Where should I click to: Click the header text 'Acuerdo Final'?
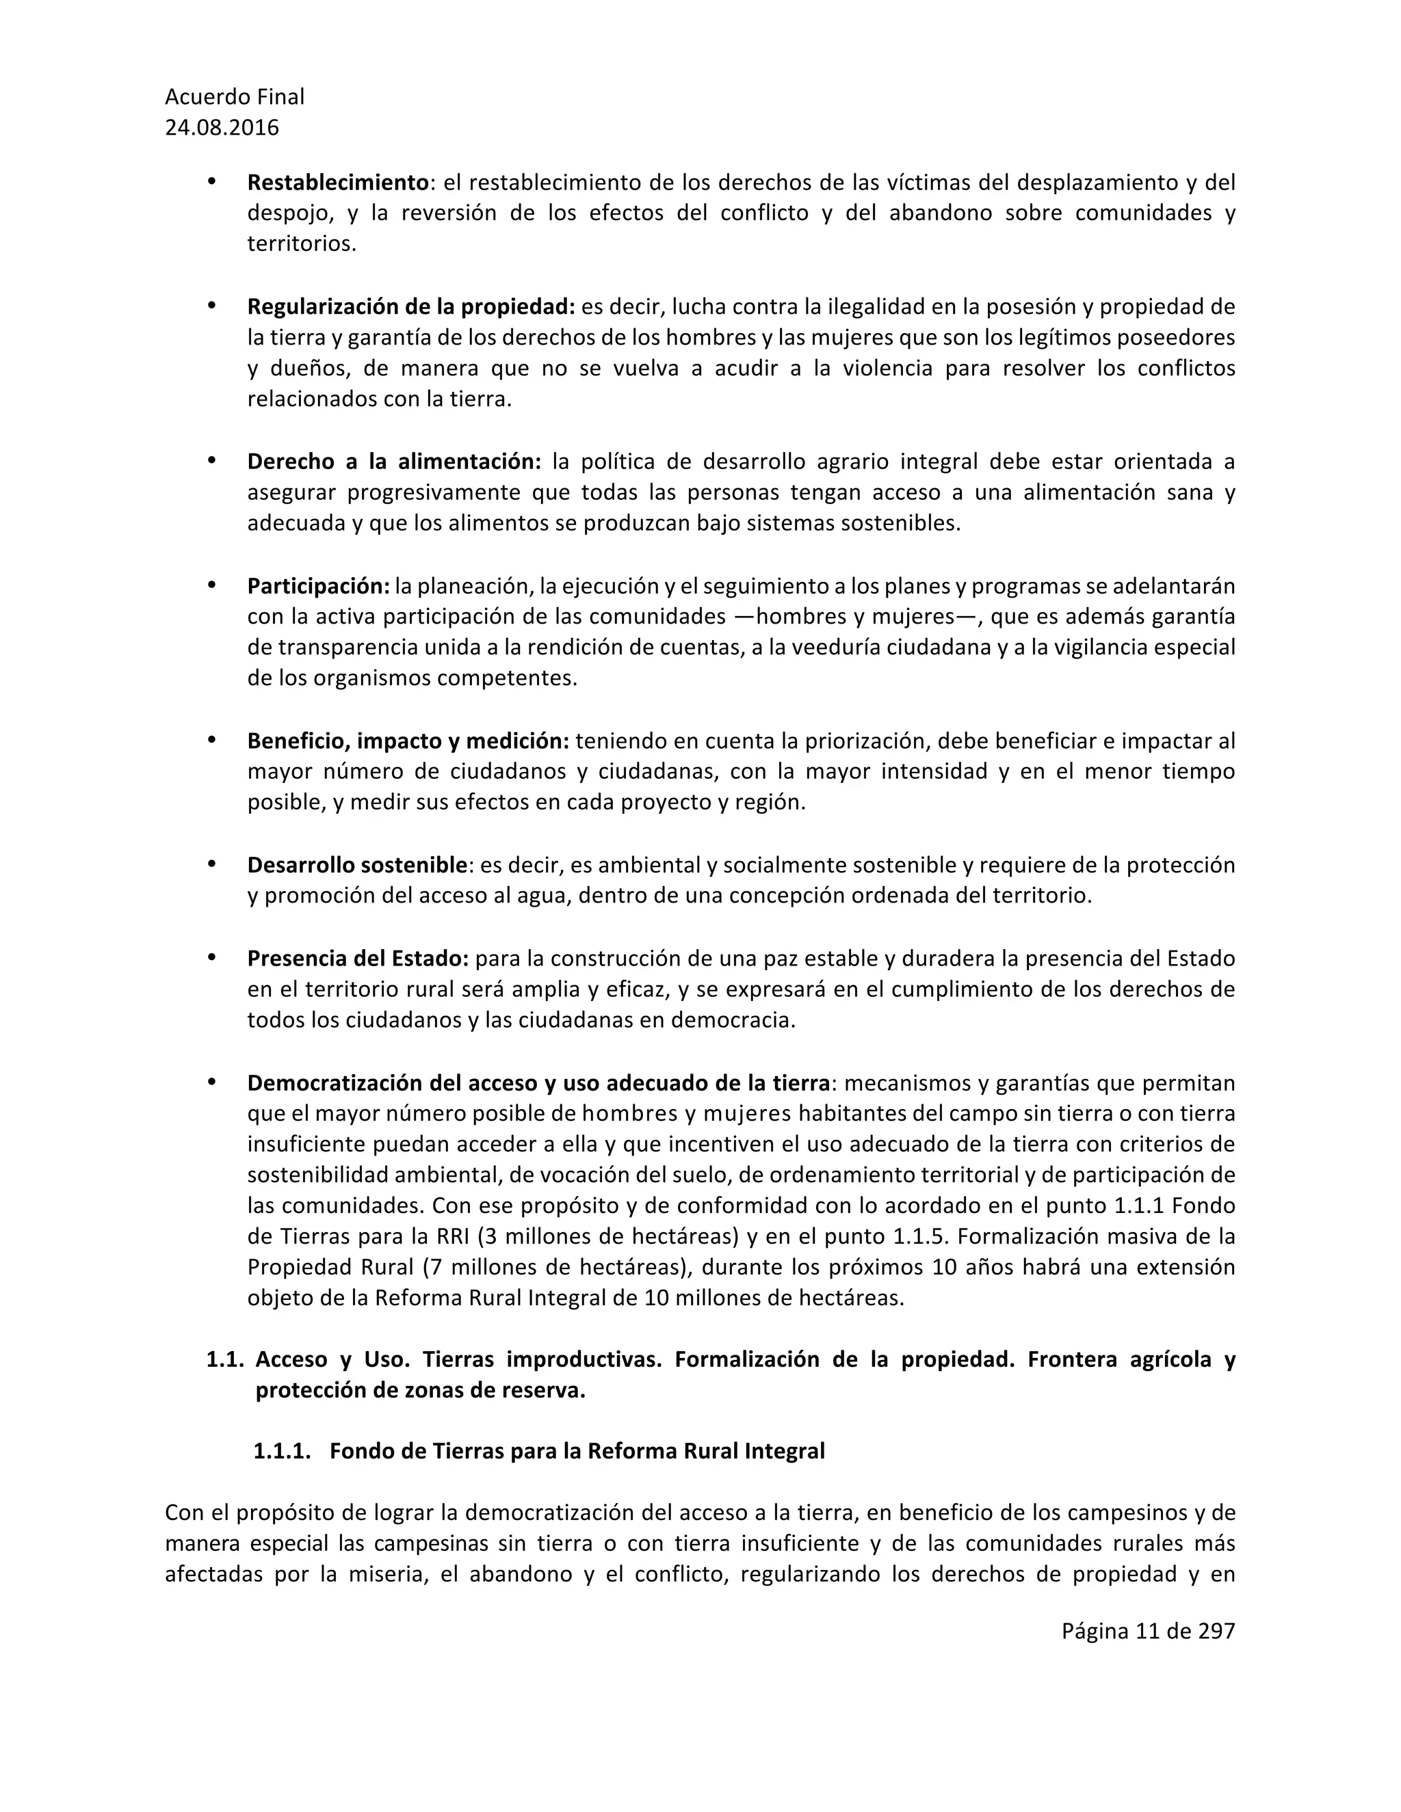point(234,97)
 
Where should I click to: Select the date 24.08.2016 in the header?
point(222,128)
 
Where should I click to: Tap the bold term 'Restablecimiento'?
point(338,183)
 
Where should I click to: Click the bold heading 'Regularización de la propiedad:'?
point(411,307)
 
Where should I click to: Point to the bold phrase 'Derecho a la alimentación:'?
point(394,462)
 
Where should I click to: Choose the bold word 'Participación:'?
point(318,587)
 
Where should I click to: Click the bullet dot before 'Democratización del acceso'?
point(211,1082)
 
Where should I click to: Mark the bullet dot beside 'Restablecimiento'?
point(211,182)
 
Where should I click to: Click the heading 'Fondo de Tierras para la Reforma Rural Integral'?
point(577,1451)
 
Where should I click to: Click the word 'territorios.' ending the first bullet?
point(301,245)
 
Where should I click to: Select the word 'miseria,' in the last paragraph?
point(389,1575)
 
